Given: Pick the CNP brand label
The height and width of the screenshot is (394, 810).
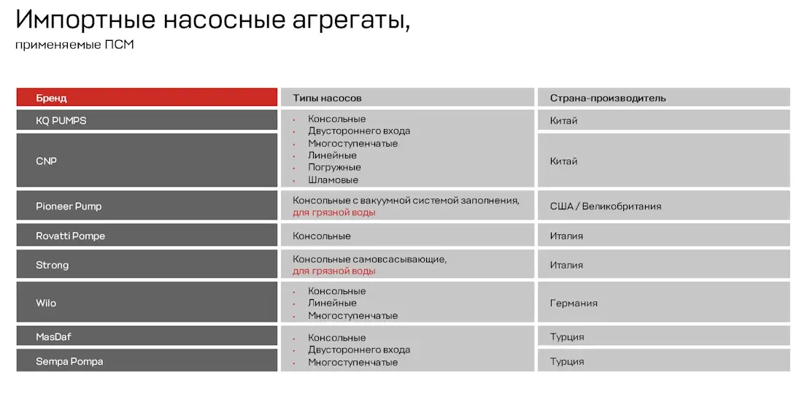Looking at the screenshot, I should (x=46, y=161).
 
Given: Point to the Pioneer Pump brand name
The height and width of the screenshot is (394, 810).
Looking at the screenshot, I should (x=69, y=206).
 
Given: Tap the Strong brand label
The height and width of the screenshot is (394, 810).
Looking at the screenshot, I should (x=52, y=265).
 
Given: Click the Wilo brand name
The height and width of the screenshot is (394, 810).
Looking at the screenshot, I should (x=46, y=303).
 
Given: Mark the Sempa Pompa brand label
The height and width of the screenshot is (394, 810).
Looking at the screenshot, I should (x=69, y=361).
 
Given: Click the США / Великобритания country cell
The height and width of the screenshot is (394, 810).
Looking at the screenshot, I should (x=605, y=206).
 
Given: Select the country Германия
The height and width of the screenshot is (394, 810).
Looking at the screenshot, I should (x=574, y=303).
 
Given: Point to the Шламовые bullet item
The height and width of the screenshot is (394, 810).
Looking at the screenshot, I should (x=333, y=179).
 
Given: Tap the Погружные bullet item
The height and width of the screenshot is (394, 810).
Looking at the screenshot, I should (x=334, y=167).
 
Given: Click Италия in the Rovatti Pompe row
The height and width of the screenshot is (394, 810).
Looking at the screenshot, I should (x=566, y=236).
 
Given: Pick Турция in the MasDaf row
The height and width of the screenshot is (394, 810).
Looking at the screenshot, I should (x=566, y=337).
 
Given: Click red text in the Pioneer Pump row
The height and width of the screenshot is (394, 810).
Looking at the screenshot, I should (x=333, y=212).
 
